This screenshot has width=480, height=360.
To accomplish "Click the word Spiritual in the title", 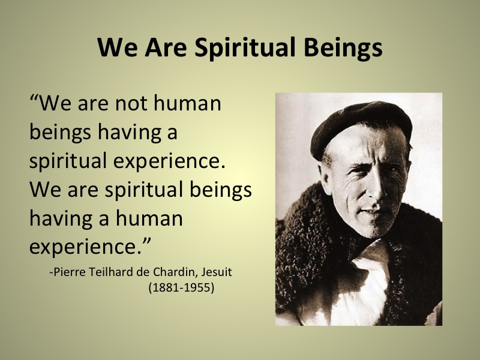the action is click(x=245, y=48).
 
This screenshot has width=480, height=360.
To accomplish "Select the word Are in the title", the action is click(x=166, y=47).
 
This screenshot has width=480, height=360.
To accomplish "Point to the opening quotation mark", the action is click(x=34, y=99).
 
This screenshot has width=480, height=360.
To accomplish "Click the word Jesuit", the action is click(x=217, y=272).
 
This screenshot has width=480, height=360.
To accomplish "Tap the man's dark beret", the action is click(x=361, y=126).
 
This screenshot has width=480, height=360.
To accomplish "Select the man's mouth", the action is click(x=371, y=211).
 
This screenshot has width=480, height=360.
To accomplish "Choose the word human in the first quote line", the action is click(x=187, y=103).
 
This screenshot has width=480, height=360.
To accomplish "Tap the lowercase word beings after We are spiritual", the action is click(x=220, y=190).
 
